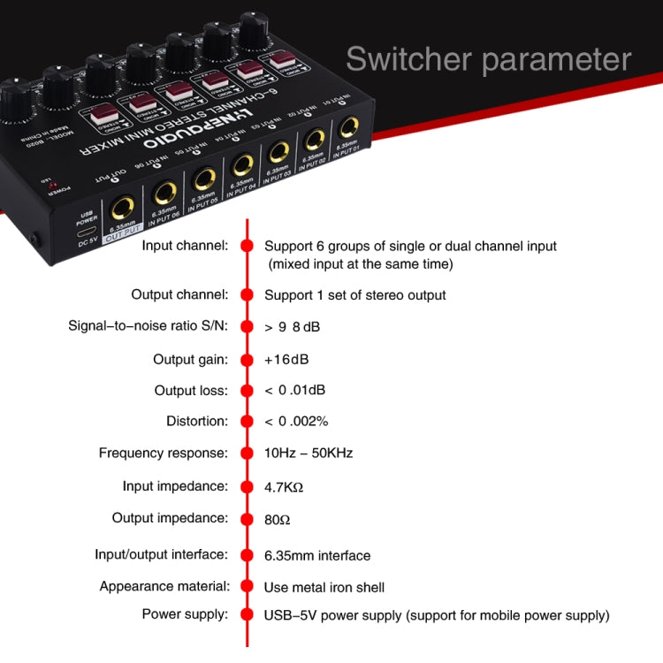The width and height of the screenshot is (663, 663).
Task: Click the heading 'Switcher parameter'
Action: pyautogui.click(x=488, y=59)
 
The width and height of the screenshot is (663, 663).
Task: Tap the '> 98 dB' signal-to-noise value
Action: pyautogui.click(x=293, y=327)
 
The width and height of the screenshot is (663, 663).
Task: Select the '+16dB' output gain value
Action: pyautogui.click(x=286, y=360)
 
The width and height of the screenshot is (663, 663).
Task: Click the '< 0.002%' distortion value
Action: pyautogui.click(x=296, y=421)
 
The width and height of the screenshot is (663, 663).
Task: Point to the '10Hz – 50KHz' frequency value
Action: pyautogui.click(x=309, y=453)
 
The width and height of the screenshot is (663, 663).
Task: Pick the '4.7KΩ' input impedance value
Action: pyautogui.click(x=285, y=486)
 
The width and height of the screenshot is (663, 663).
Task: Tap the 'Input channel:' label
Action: pyautogui.click(x=185, y=246)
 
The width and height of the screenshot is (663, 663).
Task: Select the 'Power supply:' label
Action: pyautogui.click(x=185, y=614)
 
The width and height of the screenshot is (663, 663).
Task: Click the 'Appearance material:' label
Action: pyautogui.click(x=164, y=586)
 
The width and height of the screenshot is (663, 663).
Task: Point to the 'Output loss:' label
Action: pyautogui.click(x=191, y=390)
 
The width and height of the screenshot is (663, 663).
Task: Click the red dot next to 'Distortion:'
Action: pyautogui.click(x=247, y=421)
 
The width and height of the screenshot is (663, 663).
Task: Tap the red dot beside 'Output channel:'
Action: pyautogui.click(x=247, y=294)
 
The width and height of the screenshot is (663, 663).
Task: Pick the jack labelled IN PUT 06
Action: pyautogui.click(x=164, y=194)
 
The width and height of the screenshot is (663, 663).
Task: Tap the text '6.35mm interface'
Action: pyautogui.click(x=317, y=555)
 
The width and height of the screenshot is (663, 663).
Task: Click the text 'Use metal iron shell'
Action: pyautogui.click(x=324, y=587)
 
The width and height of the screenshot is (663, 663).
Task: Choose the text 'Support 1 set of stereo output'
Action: pyautogui.click(x=355, y=295)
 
